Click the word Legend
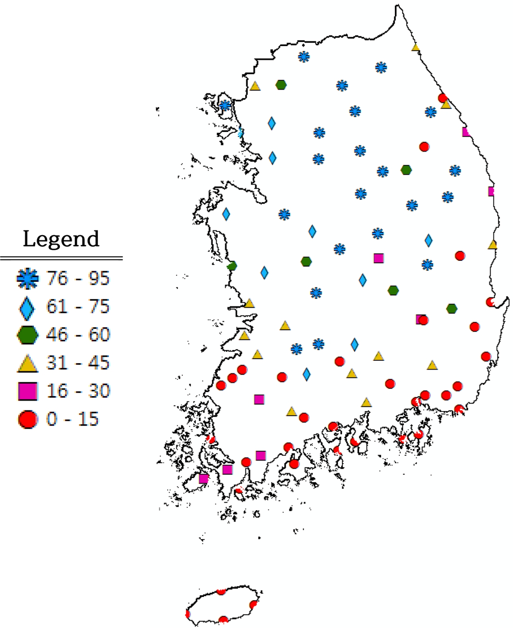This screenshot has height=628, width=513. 61,239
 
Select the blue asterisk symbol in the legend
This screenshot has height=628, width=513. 27,278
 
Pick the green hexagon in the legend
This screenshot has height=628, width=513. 27,335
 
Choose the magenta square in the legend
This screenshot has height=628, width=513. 28,391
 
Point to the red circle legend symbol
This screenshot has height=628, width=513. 27,420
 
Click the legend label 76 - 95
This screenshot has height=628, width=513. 78,278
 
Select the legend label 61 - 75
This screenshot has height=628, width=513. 78,307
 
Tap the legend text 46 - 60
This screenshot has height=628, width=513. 78,335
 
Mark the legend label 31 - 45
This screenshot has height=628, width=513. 78,363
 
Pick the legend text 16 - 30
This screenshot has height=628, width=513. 78,391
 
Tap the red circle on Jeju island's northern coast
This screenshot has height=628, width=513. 221,591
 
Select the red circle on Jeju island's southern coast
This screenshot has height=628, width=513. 223,620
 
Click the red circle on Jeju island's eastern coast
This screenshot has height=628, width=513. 253,605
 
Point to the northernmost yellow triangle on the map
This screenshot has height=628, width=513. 416,47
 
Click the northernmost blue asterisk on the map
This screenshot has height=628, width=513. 304,57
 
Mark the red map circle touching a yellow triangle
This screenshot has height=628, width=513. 442,98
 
